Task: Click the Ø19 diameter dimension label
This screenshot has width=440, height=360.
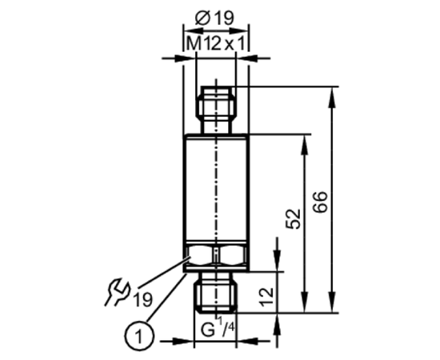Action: [x=214, y=18]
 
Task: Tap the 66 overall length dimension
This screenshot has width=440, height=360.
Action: [x=321, y=202]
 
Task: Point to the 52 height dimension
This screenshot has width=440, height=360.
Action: [x=293, y=219]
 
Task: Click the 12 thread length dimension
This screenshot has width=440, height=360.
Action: [x=266, y=297]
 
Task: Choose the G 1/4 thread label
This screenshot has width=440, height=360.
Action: [x=218, y=327]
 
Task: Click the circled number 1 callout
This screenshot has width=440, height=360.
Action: [x=139, y=335]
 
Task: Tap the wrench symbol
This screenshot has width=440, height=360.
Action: [x=118, y=292]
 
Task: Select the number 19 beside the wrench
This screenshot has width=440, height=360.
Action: [x=143, y=299]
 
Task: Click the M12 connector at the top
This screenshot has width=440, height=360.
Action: [x=216, y=110]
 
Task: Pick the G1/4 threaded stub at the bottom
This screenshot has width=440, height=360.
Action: [x=216, y=292]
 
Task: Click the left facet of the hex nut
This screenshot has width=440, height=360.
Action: [x=199, y=255]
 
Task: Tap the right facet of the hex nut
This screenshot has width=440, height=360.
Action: [x=232, y=255]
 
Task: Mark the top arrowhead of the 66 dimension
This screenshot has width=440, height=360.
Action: [x=332, y=97]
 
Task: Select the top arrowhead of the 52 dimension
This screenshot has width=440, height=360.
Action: [x=305, y=145]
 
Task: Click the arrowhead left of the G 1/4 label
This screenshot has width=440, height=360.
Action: [x=183, y=342]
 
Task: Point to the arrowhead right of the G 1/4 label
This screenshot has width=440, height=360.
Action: [x=248, y=342]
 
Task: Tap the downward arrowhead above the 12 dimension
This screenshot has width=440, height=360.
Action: [x=278, y=262]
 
